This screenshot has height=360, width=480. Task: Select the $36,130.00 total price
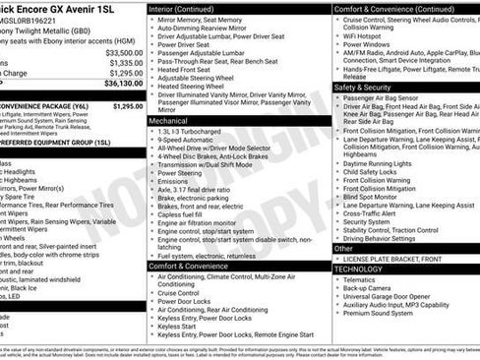(x=120, y=84)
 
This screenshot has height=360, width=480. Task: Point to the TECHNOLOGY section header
(x=358, y=269)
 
